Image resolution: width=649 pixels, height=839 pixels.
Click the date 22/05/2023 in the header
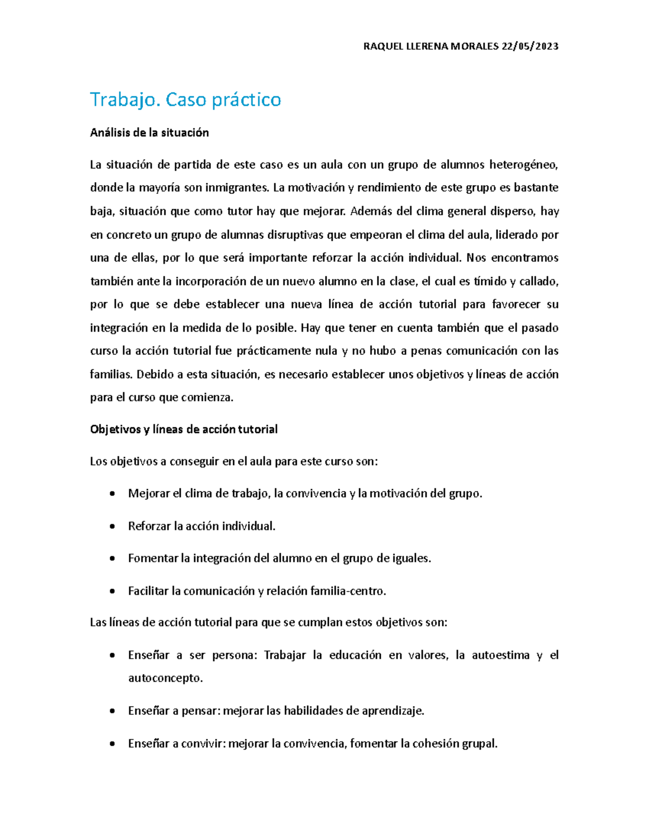(x=530, y=46)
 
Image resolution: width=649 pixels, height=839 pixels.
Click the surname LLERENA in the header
(x=419, y=46)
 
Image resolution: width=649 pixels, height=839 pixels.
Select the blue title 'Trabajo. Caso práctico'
(x=186, y=100)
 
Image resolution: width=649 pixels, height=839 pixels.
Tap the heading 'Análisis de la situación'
(x=149, y=133)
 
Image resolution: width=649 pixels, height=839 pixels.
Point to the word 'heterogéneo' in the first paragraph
(x=523, y=165)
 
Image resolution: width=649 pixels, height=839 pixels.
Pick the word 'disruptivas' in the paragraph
(x=297, y=235)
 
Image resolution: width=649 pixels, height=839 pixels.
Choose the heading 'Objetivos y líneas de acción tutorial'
(x=184, y=429)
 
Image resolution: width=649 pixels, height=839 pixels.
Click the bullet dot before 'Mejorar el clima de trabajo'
(x=111, y=494)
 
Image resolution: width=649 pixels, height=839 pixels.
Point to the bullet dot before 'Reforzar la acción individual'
(x=111, y=526)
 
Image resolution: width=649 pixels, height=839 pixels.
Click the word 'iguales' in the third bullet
(x=411, y=559)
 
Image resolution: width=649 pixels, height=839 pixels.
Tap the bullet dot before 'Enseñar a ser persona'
(x=111, y=656)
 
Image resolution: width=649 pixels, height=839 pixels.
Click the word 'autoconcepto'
(x=165, y=679)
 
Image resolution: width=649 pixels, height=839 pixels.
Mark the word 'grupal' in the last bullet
(x=479, y=744)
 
